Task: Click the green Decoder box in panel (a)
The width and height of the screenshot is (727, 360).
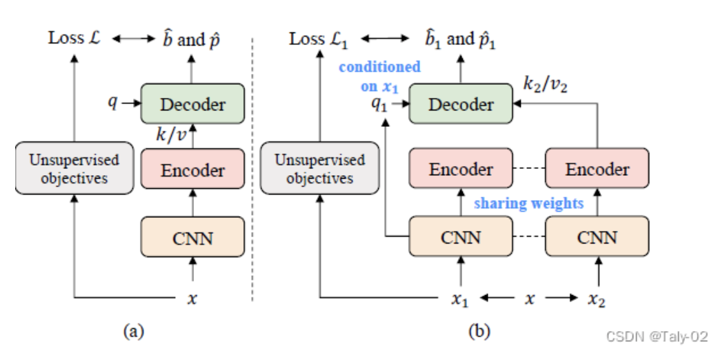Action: click(x=192, y=104)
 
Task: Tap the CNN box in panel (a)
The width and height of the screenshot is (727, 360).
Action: click(x=192, y=237)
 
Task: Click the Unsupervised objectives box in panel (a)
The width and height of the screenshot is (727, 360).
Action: click(x=74, y=168)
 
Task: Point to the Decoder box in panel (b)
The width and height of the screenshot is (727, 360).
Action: click(x=461, y=104)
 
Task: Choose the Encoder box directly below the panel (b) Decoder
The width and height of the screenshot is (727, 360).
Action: click(x=461, y=169)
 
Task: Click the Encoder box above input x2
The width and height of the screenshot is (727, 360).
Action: click(x=597, y=169)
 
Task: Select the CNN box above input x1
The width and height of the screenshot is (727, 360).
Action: click(x=461, y=237)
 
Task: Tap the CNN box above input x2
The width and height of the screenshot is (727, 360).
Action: click(x=597, y=237)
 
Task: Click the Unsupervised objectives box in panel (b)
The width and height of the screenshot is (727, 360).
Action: click(x=319, y=168)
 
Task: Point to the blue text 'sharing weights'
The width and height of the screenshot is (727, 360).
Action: click(x=529, y=203)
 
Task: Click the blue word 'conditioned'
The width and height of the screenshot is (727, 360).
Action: click(x=379, y=67)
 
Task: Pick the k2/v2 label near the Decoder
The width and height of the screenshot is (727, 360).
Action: click(x=545, y=85)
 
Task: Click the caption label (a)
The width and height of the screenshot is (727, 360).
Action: click(x=133, y=332)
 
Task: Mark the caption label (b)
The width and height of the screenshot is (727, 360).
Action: click(x=479, y=332)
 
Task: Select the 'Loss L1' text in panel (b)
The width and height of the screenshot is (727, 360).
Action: click(x=319, y=39)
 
